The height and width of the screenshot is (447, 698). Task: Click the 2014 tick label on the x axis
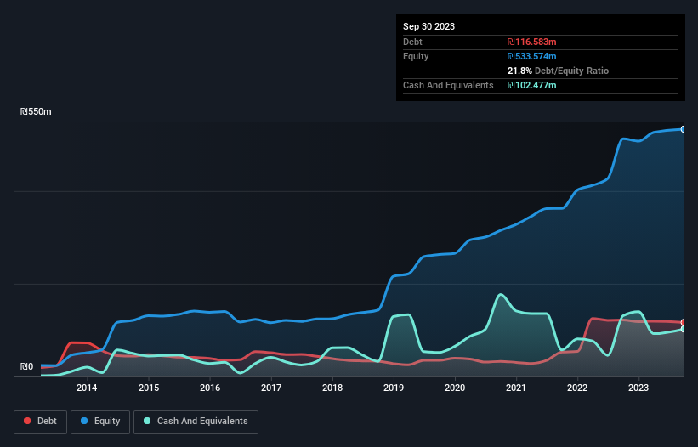point(86,388)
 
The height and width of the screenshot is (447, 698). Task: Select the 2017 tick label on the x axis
point(271,388)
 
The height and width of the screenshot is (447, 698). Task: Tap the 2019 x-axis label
point(394,388)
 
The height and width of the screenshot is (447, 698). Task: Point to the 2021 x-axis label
point(516,388)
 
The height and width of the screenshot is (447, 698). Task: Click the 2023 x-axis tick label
point(638,388)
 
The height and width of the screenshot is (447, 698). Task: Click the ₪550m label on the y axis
point(36,112)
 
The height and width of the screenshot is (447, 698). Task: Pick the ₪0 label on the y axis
point(26,367)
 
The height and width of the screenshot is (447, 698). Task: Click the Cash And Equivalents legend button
point(196,422)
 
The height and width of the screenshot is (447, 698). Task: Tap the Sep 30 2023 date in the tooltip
point(428,26)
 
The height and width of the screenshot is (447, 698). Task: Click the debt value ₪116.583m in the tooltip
point(531,42)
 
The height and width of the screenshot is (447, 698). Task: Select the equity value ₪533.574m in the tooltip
point(531,56)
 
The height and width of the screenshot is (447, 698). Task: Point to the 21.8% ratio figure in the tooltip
point(519,71)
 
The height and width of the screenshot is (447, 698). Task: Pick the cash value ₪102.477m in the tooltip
point(531,85)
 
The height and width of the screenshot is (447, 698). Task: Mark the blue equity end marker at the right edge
point(684,129)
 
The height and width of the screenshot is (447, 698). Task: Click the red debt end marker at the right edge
point(684,322)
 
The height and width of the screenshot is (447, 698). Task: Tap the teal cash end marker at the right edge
point(684,329)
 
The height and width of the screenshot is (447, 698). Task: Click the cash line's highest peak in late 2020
point(502,295)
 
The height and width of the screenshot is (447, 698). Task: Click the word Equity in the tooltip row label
point(416,56)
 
